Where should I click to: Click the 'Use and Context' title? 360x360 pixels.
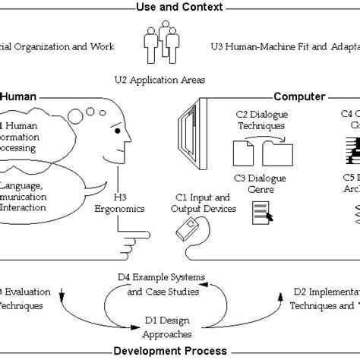[179, 8]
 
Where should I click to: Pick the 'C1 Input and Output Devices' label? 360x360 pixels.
[191, 201]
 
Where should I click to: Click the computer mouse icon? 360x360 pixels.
[184, 229]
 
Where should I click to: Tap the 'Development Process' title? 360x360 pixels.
[179, 351]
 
